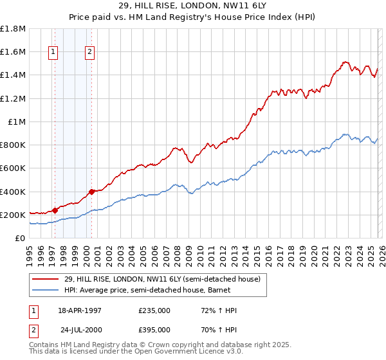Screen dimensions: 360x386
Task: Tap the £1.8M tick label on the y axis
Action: pyautogui.click(x=13, y=29)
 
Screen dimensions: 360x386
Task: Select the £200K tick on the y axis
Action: pyautogui.click(x=13, y=215)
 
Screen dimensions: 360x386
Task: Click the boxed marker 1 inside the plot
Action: pyautogui.click(x=53, y=53)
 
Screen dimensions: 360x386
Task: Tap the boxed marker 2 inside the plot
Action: pyautogui.click(x=89, y=53)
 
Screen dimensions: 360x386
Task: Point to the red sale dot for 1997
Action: pyautogui.click(x=55, y=210)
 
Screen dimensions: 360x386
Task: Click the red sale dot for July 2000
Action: pyautogui.click(x=92, y=192)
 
